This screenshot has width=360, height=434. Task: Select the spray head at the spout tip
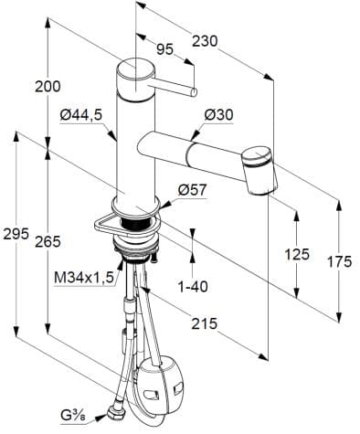click(x=261, y=170)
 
